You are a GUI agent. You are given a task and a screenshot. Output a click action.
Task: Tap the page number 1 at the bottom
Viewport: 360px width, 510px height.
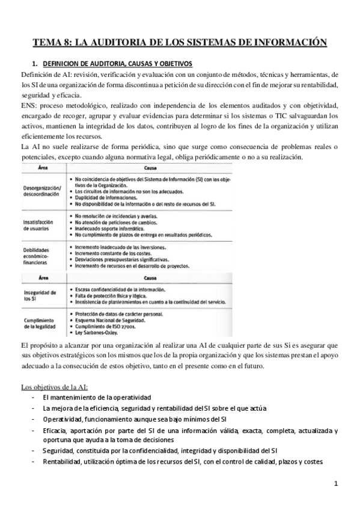[x=337, y=484]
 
